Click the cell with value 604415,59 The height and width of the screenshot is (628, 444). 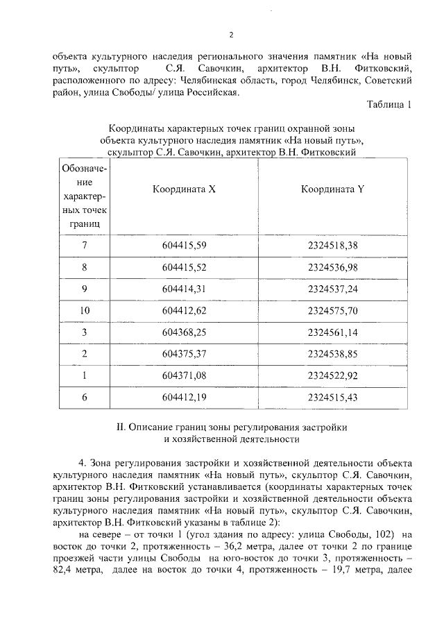[x=184, y=245]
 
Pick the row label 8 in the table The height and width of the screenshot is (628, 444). [x=84, y=266]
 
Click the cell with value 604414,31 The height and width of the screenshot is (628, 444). [x=184, y=288]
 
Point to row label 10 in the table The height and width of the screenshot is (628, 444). [x=84, y=309]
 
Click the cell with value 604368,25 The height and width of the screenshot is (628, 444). [x=184, y=332]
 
